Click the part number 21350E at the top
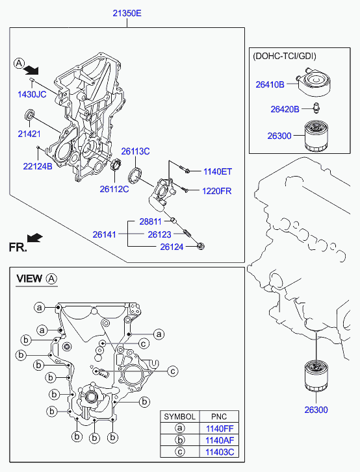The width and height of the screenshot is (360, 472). (x=127, y=13)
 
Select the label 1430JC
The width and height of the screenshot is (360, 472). (x=32, y=95)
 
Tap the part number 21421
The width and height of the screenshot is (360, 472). (x=29, y=134)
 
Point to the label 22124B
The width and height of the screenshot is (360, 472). (x=38, y=166)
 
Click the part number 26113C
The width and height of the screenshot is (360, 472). (x=135, y=151)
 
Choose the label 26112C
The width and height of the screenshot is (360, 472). (x=114, y=189)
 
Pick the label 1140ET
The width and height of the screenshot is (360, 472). (x=218, y=171)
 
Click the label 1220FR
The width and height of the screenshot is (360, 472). (x=216, y=191)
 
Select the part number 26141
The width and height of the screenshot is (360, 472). (x=104, y=234)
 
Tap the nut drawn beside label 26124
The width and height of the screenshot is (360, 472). (x=201, y=246)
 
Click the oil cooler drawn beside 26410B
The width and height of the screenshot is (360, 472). (x=313, y=81)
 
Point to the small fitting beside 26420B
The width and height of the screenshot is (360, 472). (x=315, y=108)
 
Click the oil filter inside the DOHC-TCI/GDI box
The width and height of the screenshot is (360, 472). (x=316, y=136)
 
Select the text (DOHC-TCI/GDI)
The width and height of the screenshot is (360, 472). (x=285, y=56)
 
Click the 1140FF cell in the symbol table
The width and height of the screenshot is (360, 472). (x=219, y=429)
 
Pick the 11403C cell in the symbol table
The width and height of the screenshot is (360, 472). (x=219, y=452)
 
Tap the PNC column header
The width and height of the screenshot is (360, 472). (x=219, y=417)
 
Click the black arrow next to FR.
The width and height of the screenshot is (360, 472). (x=34, y=238)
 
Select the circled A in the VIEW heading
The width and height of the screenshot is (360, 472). (x=51, y=279)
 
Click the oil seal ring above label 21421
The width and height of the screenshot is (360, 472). (x=29, y=114)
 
